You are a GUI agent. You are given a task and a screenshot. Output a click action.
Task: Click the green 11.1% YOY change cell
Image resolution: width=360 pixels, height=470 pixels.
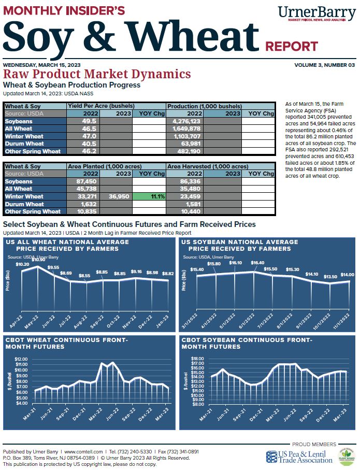(x=149, y=197)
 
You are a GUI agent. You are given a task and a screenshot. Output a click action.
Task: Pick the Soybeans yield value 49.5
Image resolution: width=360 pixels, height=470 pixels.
(x=84, y=121)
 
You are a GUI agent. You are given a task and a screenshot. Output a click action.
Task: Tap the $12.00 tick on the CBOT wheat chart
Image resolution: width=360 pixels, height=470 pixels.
(x=21, y=359)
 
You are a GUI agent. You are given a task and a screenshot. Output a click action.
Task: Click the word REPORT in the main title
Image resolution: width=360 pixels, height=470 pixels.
(x=292, y=47)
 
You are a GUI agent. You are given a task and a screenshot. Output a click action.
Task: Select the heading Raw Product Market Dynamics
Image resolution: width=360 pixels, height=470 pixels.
(x=97, y=74)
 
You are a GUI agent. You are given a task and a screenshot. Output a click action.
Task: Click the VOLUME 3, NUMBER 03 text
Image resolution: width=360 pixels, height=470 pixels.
(x=324, y=65)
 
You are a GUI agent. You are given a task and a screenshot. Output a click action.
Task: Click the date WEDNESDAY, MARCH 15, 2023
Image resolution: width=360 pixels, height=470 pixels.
(x=41, y=65)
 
